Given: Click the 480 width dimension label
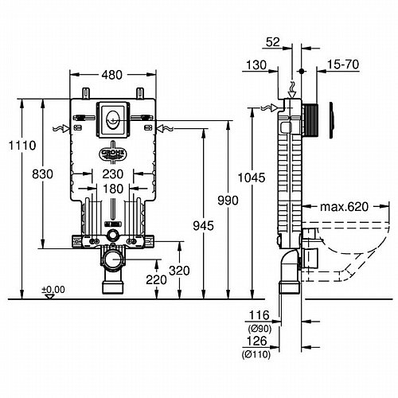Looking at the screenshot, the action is click(x=112, y=75).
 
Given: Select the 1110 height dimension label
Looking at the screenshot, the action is click(x=22, y=146).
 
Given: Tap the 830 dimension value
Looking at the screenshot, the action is click(x=42, y=174).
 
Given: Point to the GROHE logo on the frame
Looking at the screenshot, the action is click(x=113, y=154).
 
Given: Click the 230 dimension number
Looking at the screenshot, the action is click(x=113, y=174).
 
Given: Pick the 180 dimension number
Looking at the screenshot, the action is click(x=113, y=189).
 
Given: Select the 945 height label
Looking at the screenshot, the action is click(x=203, y=226).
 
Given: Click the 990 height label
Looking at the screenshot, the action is click(x=228, y=201).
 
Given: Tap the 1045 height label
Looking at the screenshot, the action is click(x=252, y=178).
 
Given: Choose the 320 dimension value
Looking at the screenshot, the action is click(x=179, y=271).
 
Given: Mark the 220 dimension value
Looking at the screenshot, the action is click(x=156, y=279).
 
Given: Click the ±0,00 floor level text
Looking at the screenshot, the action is click(x=53, y=290).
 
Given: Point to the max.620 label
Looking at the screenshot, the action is click(x=344, y=207).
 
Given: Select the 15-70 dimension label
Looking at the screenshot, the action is click(x=343, y=64).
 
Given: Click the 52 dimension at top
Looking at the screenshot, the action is click(x=273, y=42).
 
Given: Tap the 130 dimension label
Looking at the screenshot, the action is click(x=256, y=65).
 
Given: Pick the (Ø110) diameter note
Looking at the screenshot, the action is click(x=256, y=354).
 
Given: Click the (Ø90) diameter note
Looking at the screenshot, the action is click(x=259, y=329).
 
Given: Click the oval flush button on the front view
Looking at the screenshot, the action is click(x=113, y=120).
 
